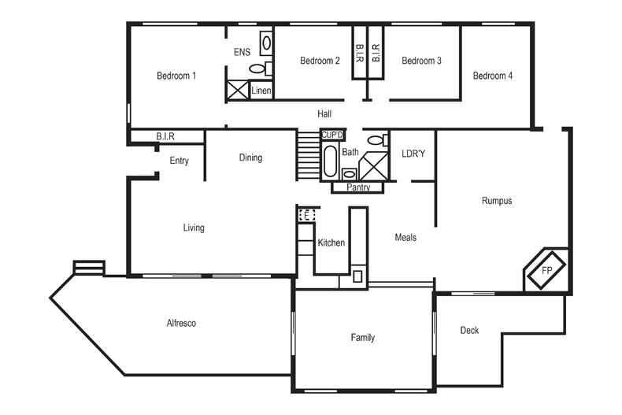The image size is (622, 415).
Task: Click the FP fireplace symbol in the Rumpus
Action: pyautogui.click(x=546, y=269)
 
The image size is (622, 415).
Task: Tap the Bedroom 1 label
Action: pyautogui.click(x=176, y=76)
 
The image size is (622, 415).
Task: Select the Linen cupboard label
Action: pyautogui.click(x=261, y=91)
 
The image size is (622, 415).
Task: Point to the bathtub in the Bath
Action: pyautogui.click(x=330, y=160)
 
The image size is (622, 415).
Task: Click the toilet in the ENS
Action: pyautogui.click(x=257, y=69)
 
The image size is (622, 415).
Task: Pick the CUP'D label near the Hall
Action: pyautogui.click(x=331, y=135)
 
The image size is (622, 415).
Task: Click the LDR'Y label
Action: pyautogui.click(x=413, y=154)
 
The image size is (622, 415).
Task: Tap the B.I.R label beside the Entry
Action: pyautogui.click(x=165, y=137)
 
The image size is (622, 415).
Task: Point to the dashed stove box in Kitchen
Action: pyautogui.click(x=308, y=213)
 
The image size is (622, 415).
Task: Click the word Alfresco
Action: pyautogui.click(x=181, y=323)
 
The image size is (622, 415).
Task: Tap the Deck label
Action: pyautogui.click(x=469, y=331)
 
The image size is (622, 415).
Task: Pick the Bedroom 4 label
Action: pyautogui.click(x=493, y=76)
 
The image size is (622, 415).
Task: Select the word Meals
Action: pyautogui.click(x=405, y=237)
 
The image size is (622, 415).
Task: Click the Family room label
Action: pyautogui.click(x=362, y=338)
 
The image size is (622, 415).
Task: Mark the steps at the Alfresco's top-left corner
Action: pyautogui.click(x=88, y=268)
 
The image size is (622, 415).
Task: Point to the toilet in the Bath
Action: pyautogui.click(x=375, y=141)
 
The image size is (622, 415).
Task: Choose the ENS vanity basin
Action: pyautogui.click(x=267, y=43)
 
